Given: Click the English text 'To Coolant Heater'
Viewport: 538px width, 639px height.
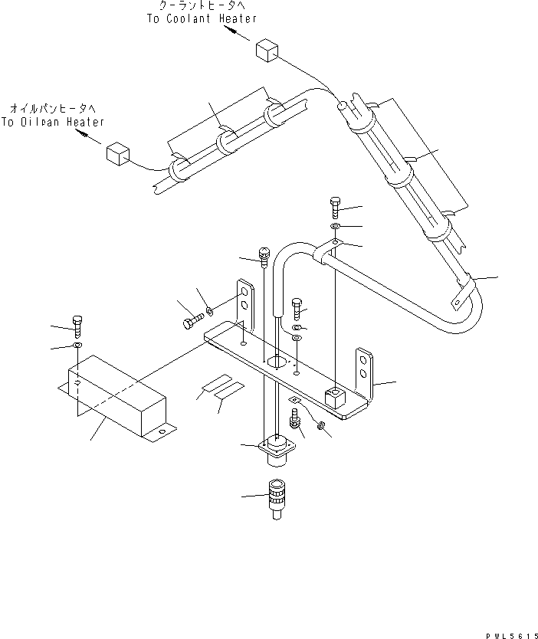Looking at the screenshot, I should click(x=202, y=18).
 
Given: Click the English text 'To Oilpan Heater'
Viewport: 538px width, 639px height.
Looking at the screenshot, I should click(x=53, y=122).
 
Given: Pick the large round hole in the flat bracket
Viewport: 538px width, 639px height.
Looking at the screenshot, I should click(x=277, y=360).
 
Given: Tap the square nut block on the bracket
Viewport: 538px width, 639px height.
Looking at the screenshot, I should click(x=333, y=397).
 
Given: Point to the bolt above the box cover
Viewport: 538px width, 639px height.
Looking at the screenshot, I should click(x=77, y=326).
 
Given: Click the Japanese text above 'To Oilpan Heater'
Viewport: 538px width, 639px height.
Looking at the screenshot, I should click(x=53, y=109).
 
